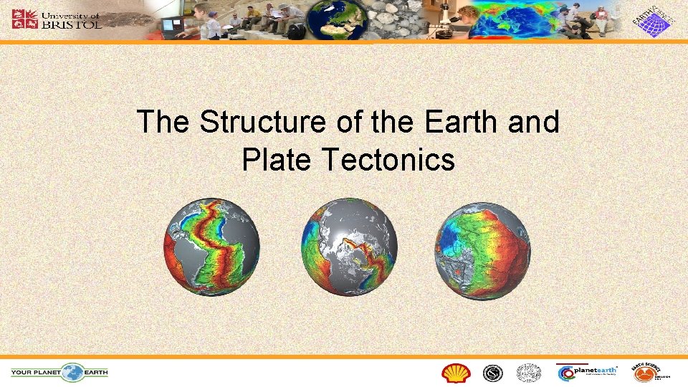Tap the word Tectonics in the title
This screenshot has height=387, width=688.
coord(388,159)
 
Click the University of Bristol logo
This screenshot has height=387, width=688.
coord(57,19)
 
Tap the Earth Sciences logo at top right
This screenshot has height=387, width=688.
coord(652,20)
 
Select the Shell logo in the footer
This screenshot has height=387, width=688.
coord(455,373)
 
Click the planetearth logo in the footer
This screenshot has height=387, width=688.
coord(587,371)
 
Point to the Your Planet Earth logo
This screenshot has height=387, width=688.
coord(59,372)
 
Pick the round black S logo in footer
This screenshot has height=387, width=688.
coord(492,373)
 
